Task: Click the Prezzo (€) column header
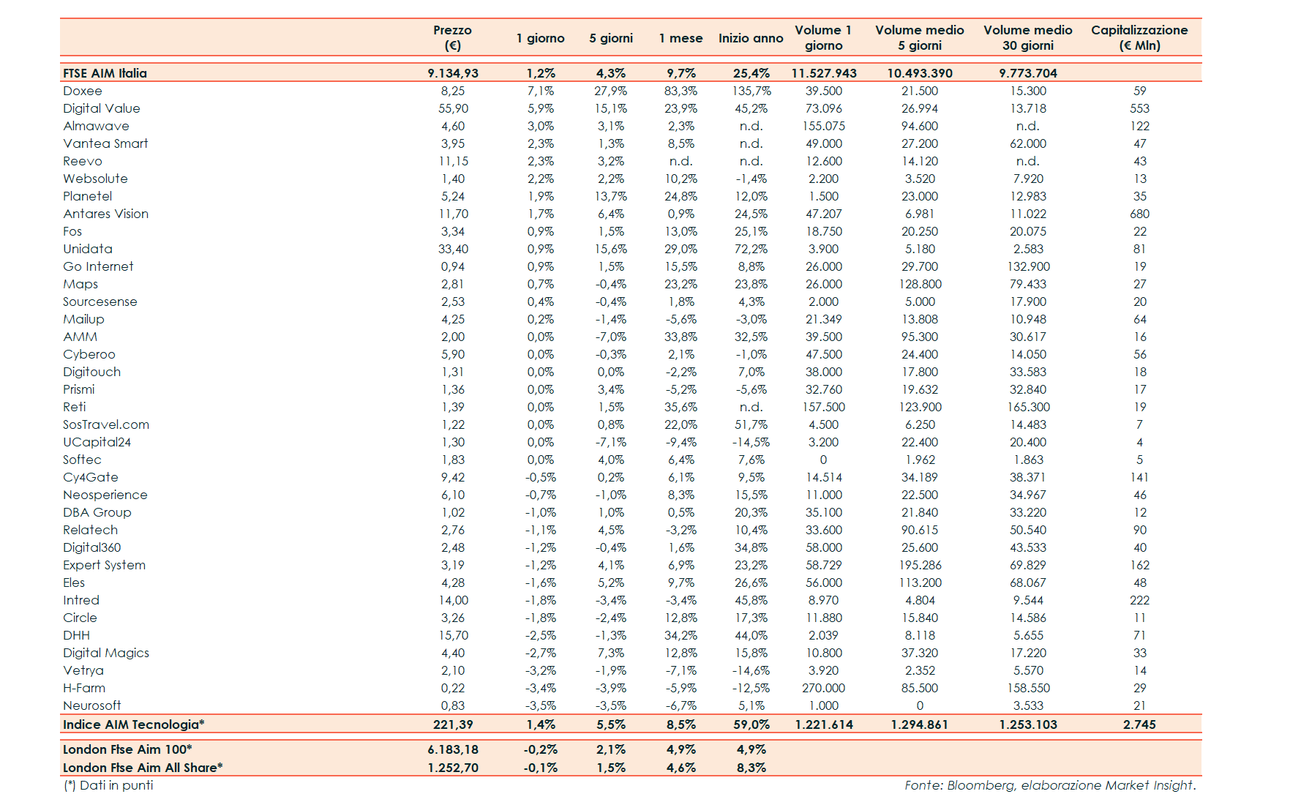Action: (x=452, y=37)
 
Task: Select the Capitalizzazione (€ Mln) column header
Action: (x=1139, y=37)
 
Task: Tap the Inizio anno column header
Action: (x=750, y=38)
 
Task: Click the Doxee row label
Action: (x=83, y=91)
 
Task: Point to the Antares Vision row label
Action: (x=105, y=214)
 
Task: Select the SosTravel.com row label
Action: (x=105, y=424)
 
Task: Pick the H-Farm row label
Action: (x=84, y=688)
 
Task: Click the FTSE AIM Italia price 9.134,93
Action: (x=452, y=73)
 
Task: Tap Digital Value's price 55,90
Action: (x=453, y=108)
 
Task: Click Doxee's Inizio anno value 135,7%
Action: (x=751, y=91)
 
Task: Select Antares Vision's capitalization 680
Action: (x=1139, y=214)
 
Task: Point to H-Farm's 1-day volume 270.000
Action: (x=823, y=688)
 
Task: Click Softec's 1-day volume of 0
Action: (x=823, y=460)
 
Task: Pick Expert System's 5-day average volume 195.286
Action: (x=920, y=565)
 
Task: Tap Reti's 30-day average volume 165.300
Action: (x=1028, y=407)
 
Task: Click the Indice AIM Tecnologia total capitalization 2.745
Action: (x=1139, y=724)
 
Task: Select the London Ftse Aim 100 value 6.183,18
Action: (x=453, y=749)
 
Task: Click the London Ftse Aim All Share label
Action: (x=143, y=768)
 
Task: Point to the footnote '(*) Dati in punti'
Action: (x=108, y=785)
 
